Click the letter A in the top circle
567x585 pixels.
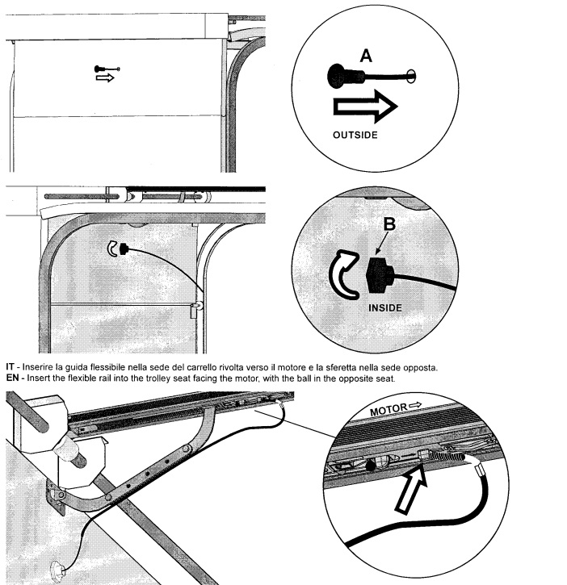point(366,56)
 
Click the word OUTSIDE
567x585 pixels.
point(355,136)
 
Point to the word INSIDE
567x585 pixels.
point(384,307)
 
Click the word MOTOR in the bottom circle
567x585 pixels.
point(388,411)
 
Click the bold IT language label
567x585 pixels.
point(10,369)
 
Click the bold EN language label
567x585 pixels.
point(12,378)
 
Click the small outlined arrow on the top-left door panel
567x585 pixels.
point(105,79)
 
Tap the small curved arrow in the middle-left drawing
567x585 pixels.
point(113,250)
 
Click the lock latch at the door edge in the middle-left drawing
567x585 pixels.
point(195,309)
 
